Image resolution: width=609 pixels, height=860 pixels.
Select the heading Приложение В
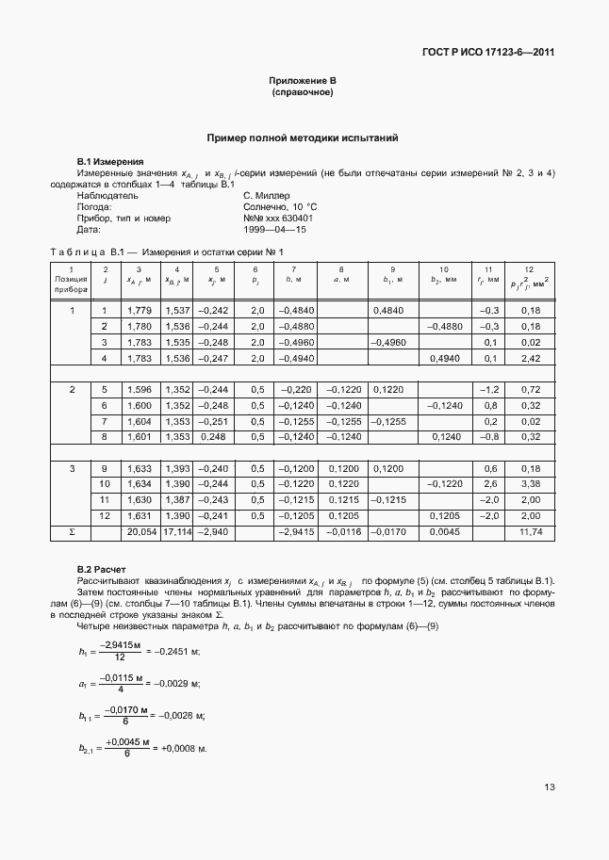(303, 82)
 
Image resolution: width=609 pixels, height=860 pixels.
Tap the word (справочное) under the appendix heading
(303, 93)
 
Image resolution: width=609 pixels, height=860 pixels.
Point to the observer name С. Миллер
(269, 196)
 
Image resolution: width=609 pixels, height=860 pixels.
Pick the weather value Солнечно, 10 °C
(280, 207)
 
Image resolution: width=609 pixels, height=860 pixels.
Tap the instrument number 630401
(296, 219)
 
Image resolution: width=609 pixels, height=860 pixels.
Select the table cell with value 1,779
(138, 310)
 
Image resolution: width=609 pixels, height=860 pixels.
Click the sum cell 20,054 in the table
(138, 532)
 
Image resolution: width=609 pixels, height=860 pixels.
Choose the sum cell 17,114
(177, 532)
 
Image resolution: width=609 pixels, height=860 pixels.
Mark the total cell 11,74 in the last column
(530, 532)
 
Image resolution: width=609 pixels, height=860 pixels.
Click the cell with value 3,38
(530, 484)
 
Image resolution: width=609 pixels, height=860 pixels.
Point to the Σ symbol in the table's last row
(72, 532)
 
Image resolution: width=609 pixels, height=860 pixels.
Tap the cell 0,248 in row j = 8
(212, 437)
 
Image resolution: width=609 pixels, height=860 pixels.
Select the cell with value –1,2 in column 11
(488, 389)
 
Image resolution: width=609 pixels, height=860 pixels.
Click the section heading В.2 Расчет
(102, 569)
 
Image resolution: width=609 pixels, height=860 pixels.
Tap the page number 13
(548, 814)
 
